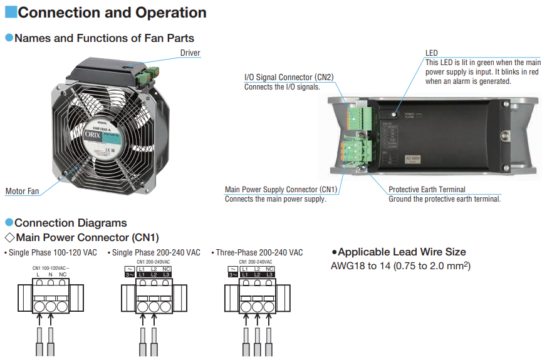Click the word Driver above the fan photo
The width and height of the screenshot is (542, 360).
[x=190, y=53]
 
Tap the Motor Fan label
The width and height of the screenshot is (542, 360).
[x=22, y=192]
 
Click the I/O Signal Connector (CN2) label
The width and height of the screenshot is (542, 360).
[x=288, y=78]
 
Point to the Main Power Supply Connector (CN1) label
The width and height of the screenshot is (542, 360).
[x=281, y=190]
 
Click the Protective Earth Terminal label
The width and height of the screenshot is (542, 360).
[x=427, y=190]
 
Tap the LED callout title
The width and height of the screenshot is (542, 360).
[x=431, y=53]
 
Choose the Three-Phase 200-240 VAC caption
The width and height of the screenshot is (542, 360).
[x=259, y=253]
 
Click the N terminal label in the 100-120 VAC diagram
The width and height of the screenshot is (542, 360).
[x=50, y=275]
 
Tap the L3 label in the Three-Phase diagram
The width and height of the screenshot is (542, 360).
[x=270, y=275]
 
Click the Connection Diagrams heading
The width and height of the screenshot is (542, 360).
[x=70, y=223]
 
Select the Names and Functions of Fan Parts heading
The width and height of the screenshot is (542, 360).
[x=104, y=38]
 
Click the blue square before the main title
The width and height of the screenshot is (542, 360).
[x=10, y=12]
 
